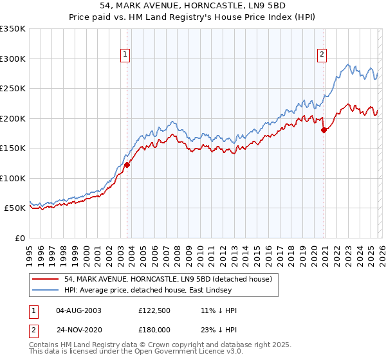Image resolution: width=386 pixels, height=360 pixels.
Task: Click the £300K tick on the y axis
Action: (x=13, y=59)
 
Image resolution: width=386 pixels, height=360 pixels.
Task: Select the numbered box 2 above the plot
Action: (x=321, y=55)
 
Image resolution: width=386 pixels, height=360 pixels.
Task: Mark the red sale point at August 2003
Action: (x=127, y=165)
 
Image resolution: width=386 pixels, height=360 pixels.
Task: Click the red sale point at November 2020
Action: (x=324, y=130)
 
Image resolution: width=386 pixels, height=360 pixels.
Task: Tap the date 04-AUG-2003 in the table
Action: (x=78, y=310)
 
